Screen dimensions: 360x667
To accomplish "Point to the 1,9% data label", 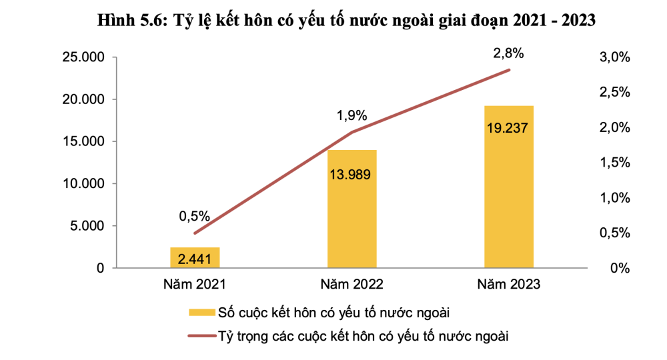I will (x=352, y=116).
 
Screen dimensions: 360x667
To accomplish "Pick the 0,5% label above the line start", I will (x=195, y=216).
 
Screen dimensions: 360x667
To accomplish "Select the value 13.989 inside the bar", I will (x=352, y=175).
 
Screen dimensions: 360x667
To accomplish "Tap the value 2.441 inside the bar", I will (x=195, y=257).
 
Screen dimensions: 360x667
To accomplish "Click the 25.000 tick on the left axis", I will (x=83, y=57).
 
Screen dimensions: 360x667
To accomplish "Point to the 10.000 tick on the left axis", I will (x=83, y=183).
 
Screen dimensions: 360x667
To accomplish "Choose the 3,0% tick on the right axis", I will (x=615, y=57).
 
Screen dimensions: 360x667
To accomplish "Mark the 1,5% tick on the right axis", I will (x=615, y=163).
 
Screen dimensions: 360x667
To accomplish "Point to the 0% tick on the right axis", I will (x=620, y=268).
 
